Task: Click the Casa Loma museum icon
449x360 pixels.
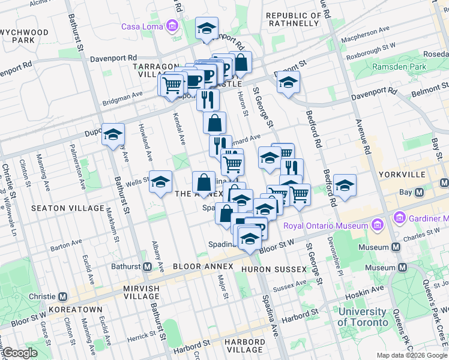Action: [173, 26]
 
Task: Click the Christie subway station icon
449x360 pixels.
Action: [64, 297]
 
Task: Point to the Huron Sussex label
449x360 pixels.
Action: [274, 269]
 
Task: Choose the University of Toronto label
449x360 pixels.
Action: [362, 317]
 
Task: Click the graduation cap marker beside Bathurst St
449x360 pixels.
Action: [113, 135]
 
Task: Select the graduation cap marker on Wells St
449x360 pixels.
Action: [160, 182]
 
